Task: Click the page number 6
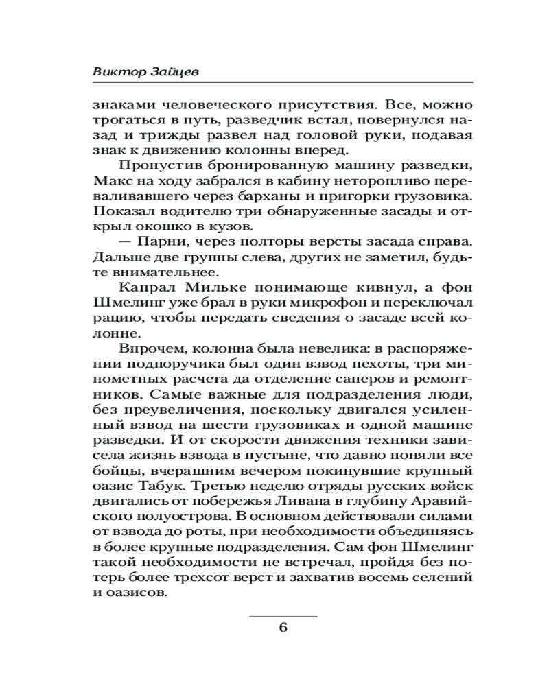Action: (283, 628)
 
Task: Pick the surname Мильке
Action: (206, 285)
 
